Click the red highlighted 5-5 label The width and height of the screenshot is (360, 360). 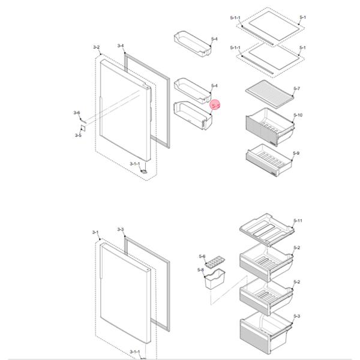click(x=216, y=106)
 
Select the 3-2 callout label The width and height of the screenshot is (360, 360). click(x=97, y=47)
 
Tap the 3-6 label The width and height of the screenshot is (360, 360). click(x=77, y=113)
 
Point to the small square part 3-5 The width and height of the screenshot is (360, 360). click(x=83, y=128)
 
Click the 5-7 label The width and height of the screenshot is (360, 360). click(x=296, y=88)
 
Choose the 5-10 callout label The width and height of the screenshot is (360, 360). click(x=298, y=115)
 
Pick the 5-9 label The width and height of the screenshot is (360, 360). click(x=296, y=153)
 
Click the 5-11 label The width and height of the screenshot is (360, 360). click(x=298, y=221)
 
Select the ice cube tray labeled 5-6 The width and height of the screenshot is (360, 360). click(x=215, y=262)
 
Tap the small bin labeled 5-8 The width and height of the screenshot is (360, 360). click(x=215, y=279)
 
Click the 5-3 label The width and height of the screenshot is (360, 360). click(x=296, y=316)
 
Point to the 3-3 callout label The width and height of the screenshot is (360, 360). click(x=121, y=229)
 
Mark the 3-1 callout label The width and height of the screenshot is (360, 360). click(x=95, y=232)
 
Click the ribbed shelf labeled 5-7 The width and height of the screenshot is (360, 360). click(x=269, y=94)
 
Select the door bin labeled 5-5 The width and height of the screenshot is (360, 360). click(x=193, y=115)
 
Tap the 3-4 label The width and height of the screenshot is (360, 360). click(x=121, y=46)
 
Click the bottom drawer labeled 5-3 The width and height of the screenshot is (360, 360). click(x=266, y=332)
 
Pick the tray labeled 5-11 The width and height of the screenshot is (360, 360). click(x=267, y=230)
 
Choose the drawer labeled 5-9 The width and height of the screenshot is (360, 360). click(x=269, y=160)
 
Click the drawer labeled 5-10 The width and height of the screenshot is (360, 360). click(x=270, y=127)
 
